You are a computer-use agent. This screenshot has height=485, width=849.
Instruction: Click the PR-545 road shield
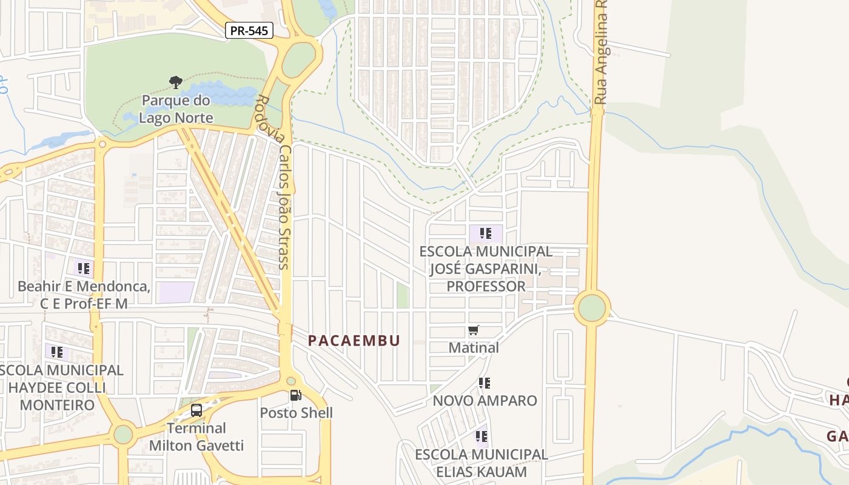click(249, 30)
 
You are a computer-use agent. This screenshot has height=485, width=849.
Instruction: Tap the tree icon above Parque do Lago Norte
click(175, 82)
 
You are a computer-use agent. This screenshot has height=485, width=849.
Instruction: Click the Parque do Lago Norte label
click(176, 109)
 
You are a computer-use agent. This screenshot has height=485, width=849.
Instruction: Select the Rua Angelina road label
click(601, 55)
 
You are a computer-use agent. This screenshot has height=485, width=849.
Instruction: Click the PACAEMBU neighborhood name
click(354, 341)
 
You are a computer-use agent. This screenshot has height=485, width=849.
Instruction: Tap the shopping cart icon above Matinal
click(474, 330)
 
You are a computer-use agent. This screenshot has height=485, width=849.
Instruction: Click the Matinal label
click(474, 348)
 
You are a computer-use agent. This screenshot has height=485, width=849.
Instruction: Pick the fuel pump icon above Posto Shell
click(296, 395)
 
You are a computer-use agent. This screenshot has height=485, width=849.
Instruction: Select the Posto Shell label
click(297, 413)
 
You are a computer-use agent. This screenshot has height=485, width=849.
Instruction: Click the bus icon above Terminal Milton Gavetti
click(196, 410)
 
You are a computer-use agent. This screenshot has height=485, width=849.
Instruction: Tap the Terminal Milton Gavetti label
click(196, 436)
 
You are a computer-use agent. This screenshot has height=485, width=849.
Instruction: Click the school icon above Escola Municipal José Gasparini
click(485, 233)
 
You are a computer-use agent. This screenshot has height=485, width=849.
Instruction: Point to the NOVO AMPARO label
click(485, 401)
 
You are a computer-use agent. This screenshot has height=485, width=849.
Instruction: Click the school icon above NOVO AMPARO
click(484, 383)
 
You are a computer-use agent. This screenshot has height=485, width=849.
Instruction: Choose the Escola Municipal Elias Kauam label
click(482, 463)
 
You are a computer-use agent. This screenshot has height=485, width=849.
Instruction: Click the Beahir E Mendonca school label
click(84, 295)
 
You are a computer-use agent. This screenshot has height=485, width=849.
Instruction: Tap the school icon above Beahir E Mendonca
click(84, 267)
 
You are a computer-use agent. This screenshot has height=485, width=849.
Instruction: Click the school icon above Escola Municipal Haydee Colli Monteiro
click(57, 352)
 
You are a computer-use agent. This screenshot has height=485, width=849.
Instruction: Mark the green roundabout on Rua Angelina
click(592, 308)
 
